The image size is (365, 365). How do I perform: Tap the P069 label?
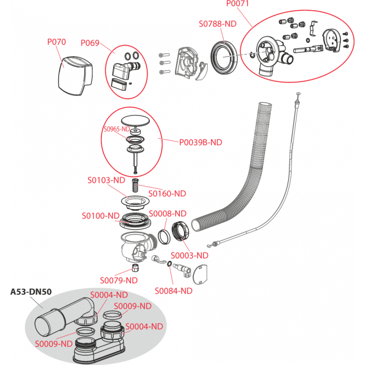tap(90, 43)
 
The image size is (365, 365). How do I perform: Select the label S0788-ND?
tap(217, 24)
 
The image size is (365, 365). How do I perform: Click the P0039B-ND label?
tap(200, 142)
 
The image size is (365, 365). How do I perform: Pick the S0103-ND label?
tap(106, 180)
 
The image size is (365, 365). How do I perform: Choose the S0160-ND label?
tap(167, 193)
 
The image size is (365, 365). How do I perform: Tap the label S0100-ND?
tap(100, 216)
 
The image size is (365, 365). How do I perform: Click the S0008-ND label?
tap(167, 213)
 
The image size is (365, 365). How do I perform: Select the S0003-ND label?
tap(189, 255)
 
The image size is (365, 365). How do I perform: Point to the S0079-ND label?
tap(119, 280)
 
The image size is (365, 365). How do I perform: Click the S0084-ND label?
tap(173, 291)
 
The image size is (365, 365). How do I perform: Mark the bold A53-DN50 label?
tap(31, 292)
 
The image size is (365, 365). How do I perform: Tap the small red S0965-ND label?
tap(116, 129)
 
